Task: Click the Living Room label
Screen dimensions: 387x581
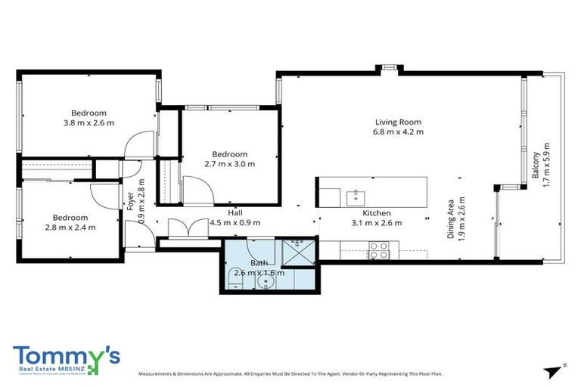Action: (x=398, y=122)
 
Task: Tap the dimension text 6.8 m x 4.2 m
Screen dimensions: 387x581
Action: (x=398, y=132)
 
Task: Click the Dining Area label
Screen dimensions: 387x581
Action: (x=451, y=219)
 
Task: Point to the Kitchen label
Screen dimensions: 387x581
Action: (x=375, y=213)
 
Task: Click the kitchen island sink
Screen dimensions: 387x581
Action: (x=356, y=197)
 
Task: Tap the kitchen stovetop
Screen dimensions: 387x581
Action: (x=378, y=249)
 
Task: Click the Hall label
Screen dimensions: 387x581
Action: (x=235, y=213)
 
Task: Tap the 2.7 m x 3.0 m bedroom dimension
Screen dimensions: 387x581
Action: (x=230, y=163)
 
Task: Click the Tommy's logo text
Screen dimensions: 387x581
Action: (x=64, y=357)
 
